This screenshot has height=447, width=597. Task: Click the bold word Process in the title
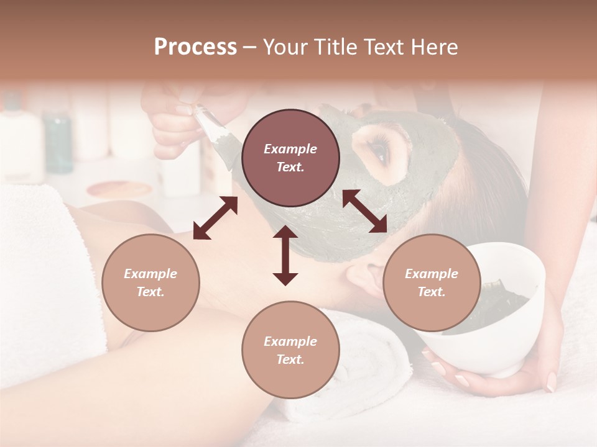click(195, 47)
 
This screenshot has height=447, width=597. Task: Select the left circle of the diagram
click(150, 282)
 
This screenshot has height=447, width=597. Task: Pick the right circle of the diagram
click(432, 282)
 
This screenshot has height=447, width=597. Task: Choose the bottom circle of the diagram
click(290, 350)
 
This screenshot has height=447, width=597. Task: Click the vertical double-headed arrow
click(285, 255)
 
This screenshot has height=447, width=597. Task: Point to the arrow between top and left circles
click(215, 218)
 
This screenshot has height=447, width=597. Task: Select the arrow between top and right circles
click(365, 211)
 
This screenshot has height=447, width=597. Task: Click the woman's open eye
click(377, 149)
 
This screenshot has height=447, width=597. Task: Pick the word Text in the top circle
click(290, 167)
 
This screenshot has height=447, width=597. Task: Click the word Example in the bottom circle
click(290, 341)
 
